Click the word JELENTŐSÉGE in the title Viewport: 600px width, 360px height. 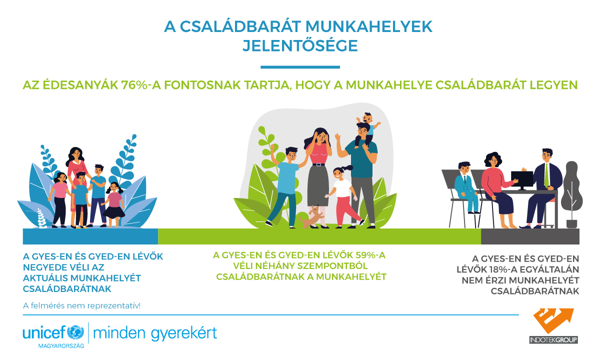[x=300, y=46]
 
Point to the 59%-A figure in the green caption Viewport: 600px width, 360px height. [x=371, y=255]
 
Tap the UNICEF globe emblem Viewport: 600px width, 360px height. [x=75, y=332]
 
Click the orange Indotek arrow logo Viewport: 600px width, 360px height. [x=553, y=320]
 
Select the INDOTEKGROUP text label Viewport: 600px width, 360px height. [x=553, y=340]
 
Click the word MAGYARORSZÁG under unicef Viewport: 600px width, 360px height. [x=61, y=346]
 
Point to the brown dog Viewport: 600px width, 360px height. [x=311, y=216]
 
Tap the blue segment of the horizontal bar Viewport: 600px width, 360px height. [x=90, y=236]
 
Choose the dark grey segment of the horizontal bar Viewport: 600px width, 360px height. [x=530, y=236]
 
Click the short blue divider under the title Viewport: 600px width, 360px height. [x=300, y=67]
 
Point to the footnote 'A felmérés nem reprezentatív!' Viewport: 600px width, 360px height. [x=81, y=305]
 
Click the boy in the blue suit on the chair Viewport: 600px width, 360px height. [x=466, y=187]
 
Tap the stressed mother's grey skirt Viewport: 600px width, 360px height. [x=318, y=185]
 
